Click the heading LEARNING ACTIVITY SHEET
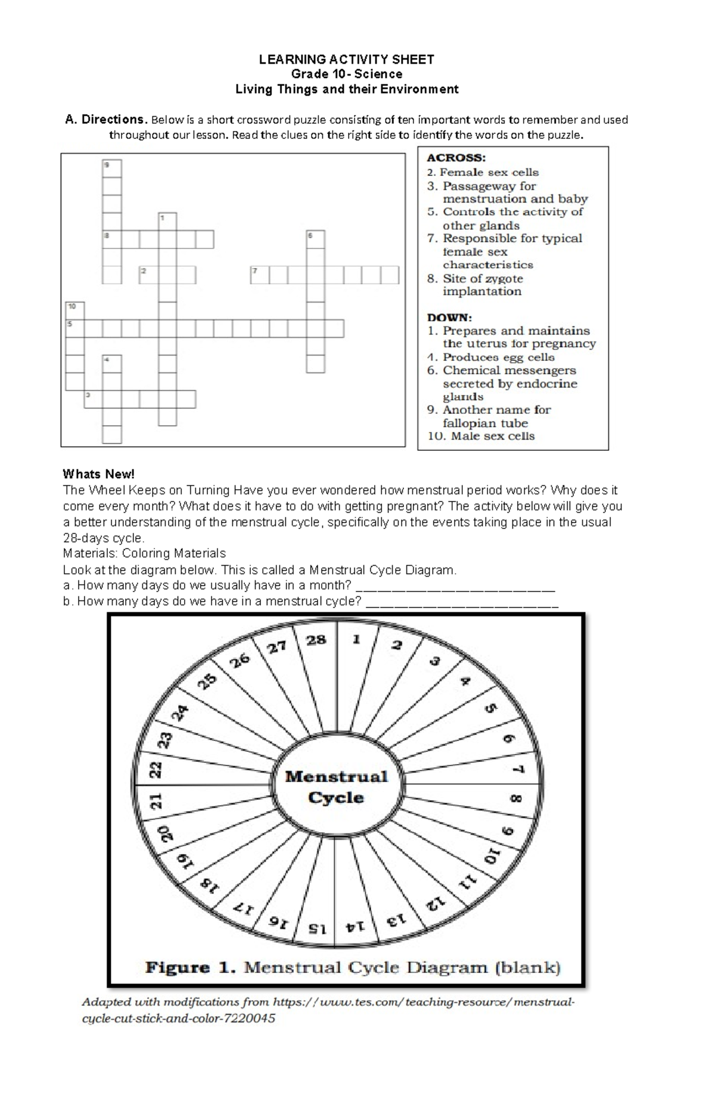[346, 59]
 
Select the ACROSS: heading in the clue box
[456, 158]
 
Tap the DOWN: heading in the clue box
[449, 317]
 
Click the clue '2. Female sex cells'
[483, 172]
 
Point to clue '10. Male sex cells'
[481, 436]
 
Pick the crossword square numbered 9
[111, 169]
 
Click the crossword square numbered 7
[260, 275]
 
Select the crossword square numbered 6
[316, 239]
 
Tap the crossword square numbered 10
[74, 311]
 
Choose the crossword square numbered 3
[93, 399]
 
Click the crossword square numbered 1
[167, 222]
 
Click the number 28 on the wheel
[316, 640]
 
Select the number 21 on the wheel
[156, 801]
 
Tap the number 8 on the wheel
[516, 798]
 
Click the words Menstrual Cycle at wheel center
[337, 787]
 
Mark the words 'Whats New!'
[99, 474]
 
